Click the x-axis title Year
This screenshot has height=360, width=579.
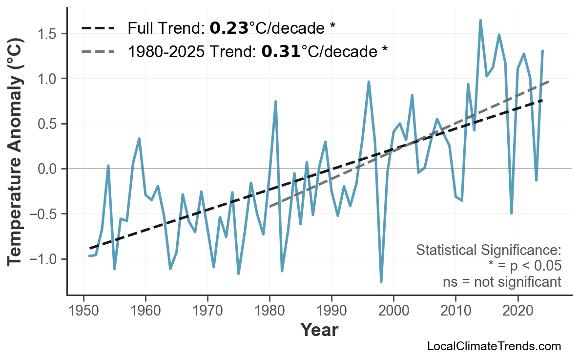pyautogui.click(x=319, y=330)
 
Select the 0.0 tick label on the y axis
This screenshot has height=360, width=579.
pyautogui.click(x=49, y=169)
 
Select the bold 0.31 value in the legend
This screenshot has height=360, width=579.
pyautogui.click(x=281, y=50)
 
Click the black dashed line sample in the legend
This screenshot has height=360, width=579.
pyautogui.click(x=98, y=28)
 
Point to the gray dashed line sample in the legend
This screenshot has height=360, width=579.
pyautogui.click(x=98, y=51)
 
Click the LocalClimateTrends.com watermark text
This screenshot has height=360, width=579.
pyautogui.click(x=494, y=346)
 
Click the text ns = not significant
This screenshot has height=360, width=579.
pyautogui.click(x=501, y=282)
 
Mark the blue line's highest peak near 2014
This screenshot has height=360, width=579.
pyautogui.click(x=480, y=21)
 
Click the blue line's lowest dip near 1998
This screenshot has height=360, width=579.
pyautogui.click(x=381, y=281)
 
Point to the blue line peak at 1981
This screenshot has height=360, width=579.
pyautogui.click(x=276, y=102)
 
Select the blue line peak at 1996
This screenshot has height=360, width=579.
pyautogui.click(x=369, y=82)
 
